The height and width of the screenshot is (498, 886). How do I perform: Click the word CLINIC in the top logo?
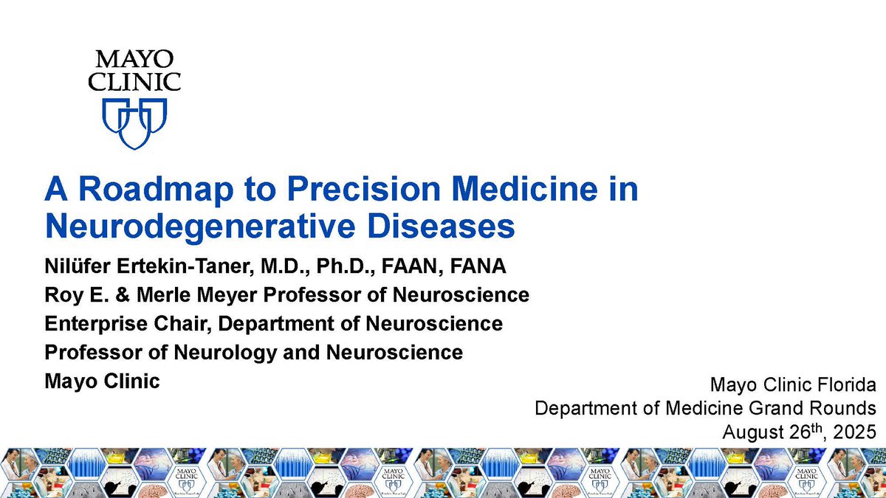pos(134,81)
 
